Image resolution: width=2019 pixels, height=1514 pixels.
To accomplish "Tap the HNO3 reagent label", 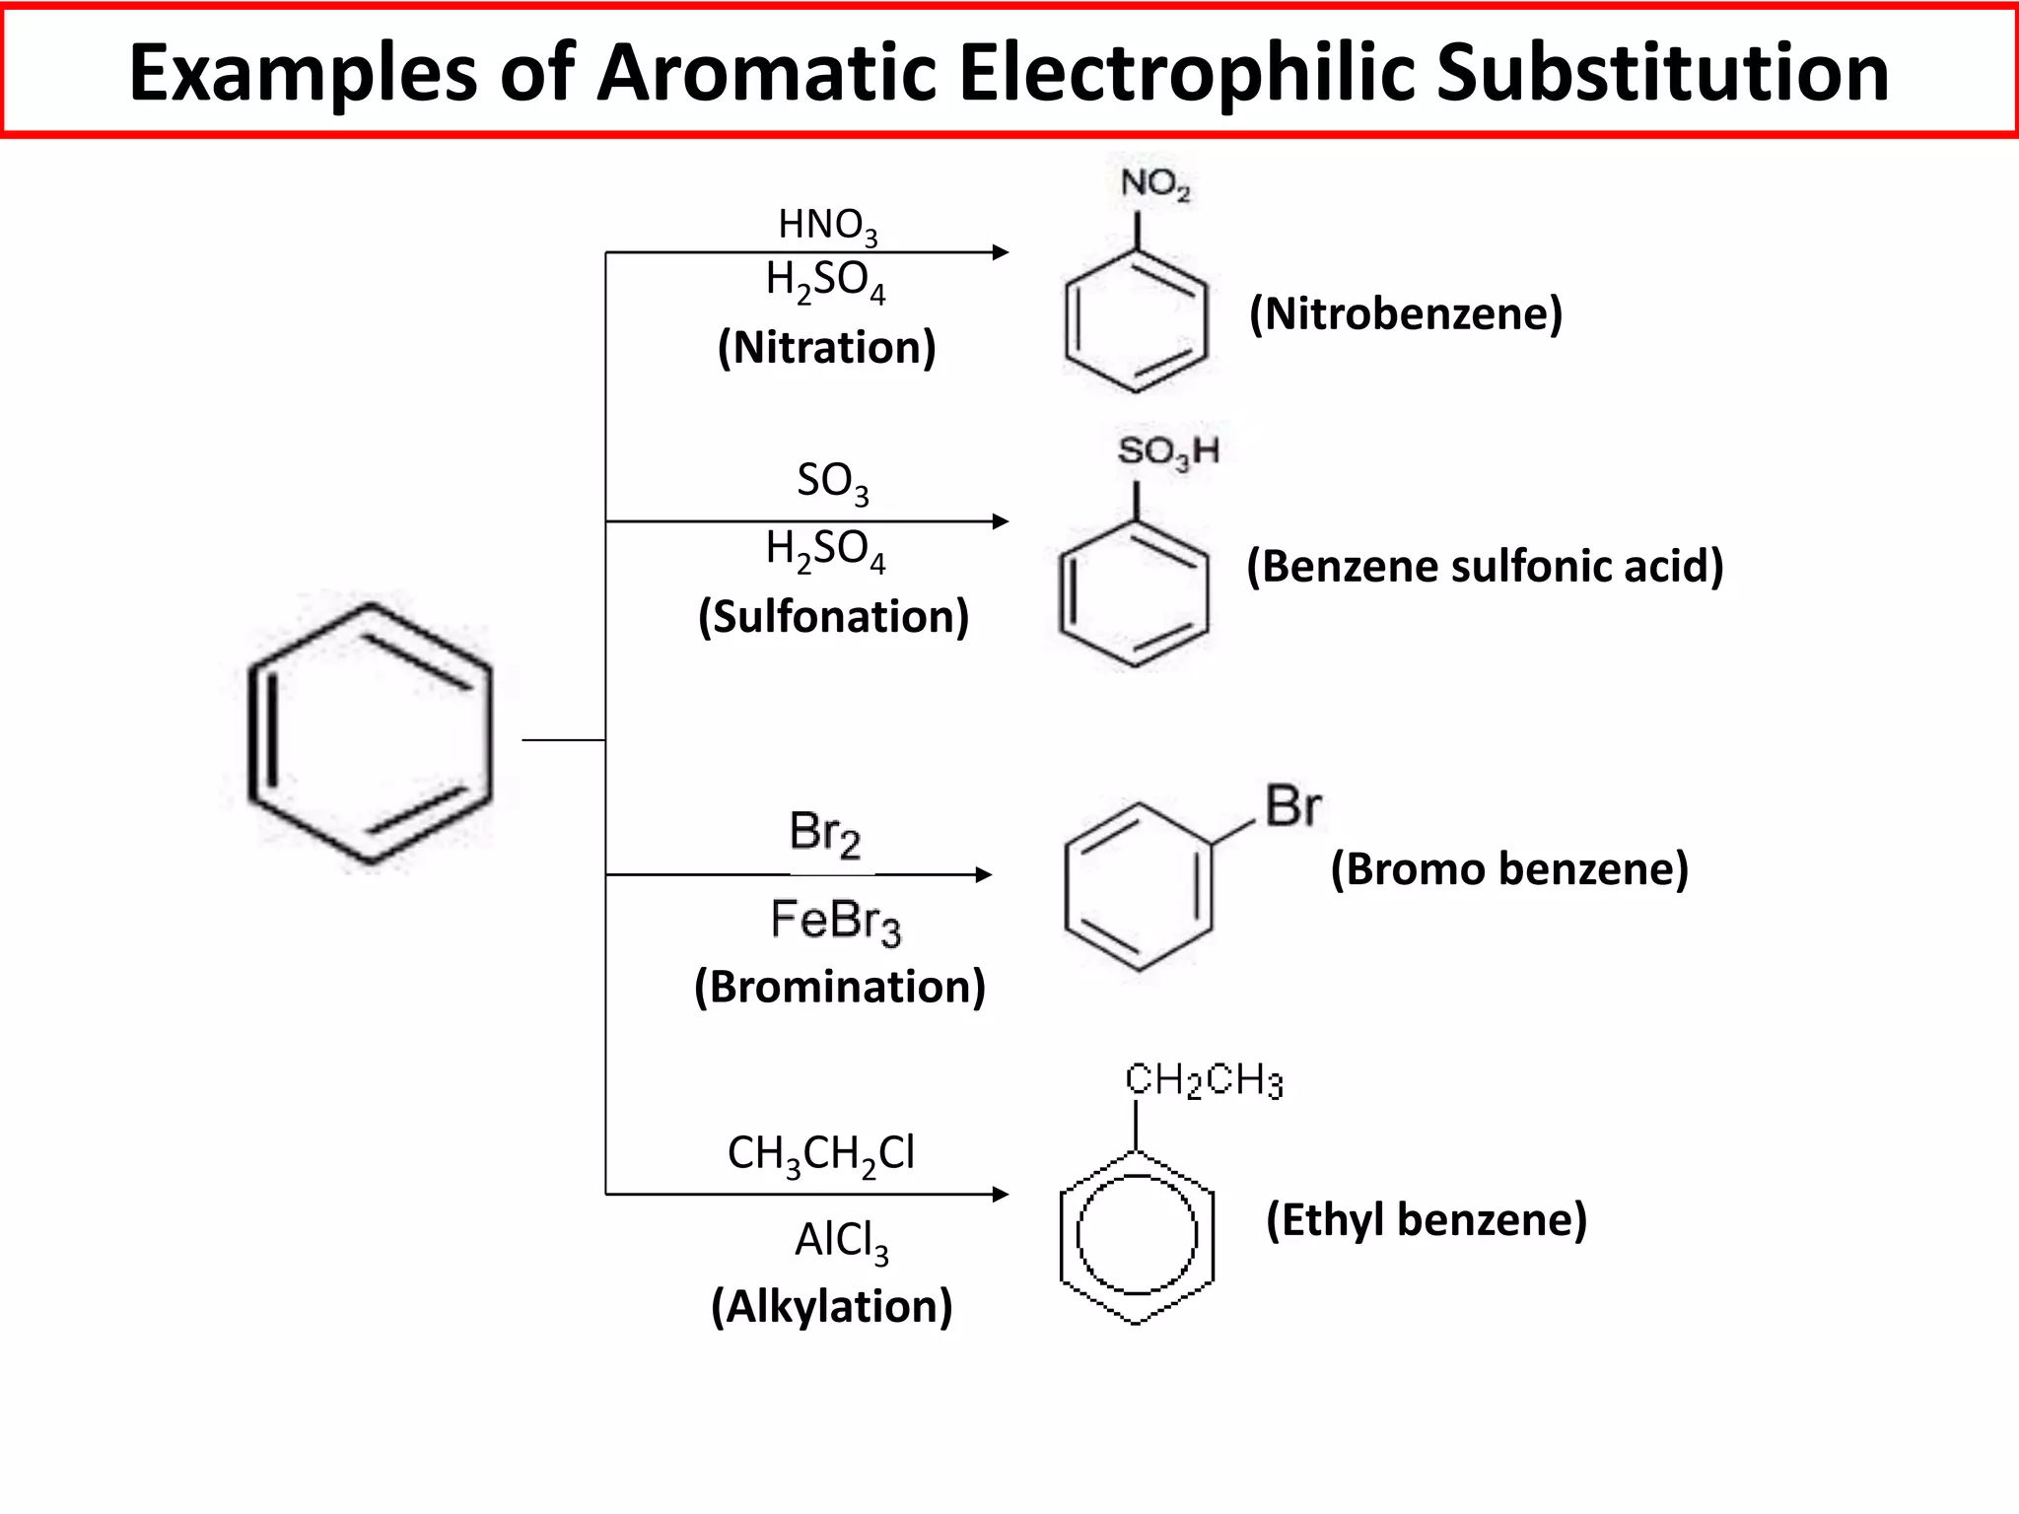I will pos(827,226).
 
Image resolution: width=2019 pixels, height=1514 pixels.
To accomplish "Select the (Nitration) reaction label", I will pos(826,347).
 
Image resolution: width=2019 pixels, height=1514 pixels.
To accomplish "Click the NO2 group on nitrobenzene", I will pos(1154,184).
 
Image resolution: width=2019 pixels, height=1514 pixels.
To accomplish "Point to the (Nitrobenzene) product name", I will pos(1406,313).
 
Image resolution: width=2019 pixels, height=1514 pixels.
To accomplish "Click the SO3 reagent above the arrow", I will pos(833,482).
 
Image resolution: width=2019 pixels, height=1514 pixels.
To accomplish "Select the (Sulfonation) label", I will pos(833,616).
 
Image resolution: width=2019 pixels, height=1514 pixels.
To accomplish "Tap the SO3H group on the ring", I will pos(1168,452).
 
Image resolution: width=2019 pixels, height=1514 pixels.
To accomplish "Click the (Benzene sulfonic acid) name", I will pos(1485,566).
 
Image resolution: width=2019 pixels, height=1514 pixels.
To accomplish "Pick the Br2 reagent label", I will pos(824,833).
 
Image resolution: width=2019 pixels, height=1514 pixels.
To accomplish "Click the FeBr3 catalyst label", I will pos(835,922).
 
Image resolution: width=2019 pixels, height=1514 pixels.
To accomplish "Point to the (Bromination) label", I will pos(840,987).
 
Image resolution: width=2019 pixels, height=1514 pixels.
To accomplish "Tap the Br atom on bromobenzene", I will pos(1292,806).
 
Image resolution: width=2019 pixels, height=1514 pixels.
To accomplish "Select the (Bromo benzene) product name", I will pos(1509,869).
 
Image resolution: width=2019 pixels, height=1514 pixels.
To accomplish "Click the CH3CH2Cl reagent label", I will pos(821,1153).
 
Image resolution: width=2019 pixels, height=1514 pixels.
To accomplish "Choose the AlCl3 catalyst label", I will pos(842,1240).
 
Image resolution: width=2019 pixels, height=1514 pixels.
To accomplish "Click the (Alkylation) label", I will pos(832,1306).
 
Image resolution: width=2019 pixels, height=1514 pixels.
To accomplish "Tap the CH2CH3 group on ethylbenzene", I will pos(1204,1080).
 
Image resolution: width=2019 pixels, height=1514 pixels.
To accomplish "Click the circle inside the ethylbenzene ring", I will pos(1137,1235).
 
